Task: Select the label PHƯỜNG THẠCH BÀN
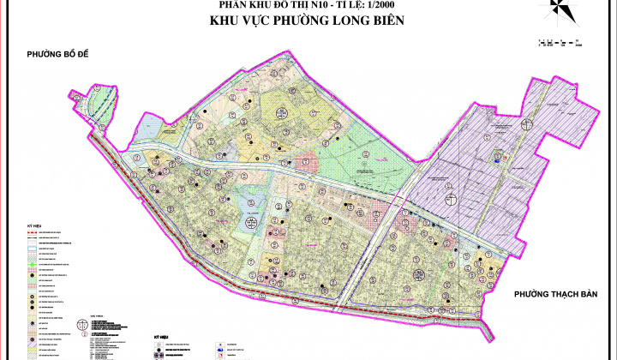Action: point(555,295)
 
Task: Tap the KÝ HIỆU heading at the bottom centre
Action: point(162,338)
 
